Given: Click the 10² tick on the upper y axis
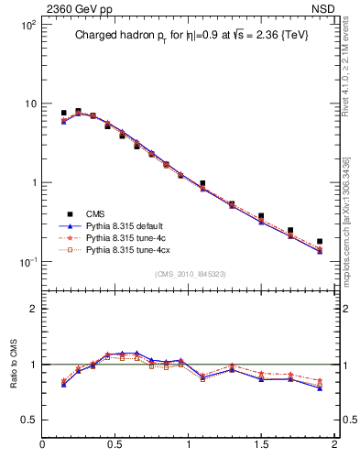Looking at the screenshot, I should (x=27, y=25).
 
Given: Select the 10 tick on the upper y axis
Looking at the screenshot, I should (x=30, y=104).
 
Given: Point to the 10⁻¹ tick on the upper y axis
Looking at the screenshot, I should (x=27, y=262).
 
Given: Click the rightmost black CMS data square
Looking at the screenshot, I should (x=320, y=242).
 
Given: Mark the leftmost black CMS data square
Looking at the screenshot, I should (x=63, y=113).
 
